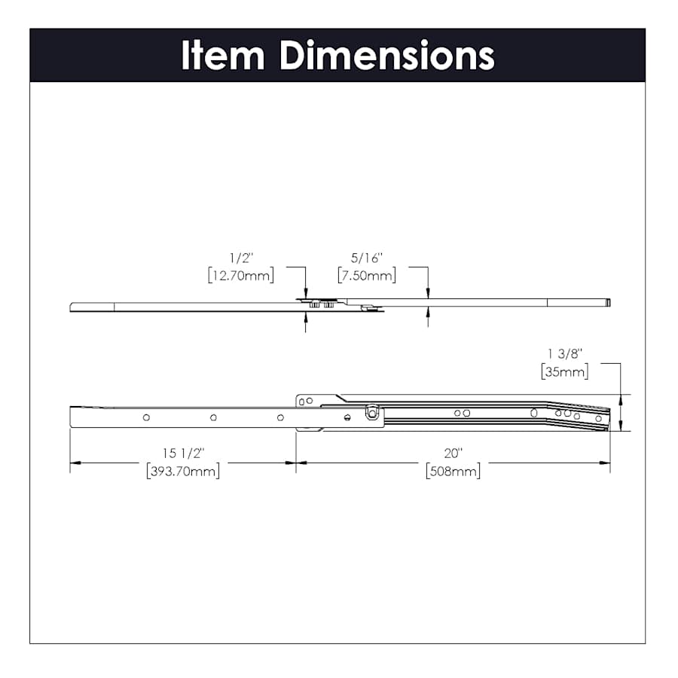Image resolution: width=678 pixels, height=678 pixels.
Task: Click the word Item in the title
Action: (x=223, y=56)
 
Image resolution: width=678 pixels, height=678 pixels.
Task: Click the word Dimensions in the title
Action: (x=386, y=56)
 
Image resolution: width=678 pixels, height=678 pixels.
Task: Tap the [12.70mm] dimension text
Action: (x=241, y=275)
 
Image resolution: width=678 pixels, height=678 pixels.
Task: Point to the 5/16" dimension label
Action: (x=367, y=258)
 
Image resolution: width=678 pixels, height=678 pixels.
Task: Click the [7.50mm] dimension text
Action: (x=367, y=275)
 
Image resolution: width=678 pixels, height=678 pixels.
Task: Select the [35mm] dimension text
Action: (x=564, y=371)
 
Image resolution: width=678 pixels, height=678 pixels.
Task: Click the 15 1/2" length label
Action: (x=183, y=454)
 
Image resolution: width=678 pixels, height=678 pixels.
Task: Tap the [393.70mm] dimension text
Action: (x=183, y=472)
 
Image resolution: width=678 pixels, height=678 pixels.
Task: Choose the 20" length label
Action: (x=453, y=454)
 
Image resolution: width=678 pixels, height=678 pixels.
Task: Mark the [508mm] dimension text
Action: (x=453, y=472)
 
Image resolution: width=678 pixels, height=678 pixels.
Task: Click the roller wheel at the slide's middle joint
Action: (x=372, y=412)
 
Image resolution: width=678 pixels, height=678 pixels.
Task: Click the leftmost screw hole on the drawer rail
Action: (x=147, y=417)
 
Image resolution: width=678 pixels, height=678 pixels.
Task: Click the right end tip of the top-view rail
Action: (x=609, y=303)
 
